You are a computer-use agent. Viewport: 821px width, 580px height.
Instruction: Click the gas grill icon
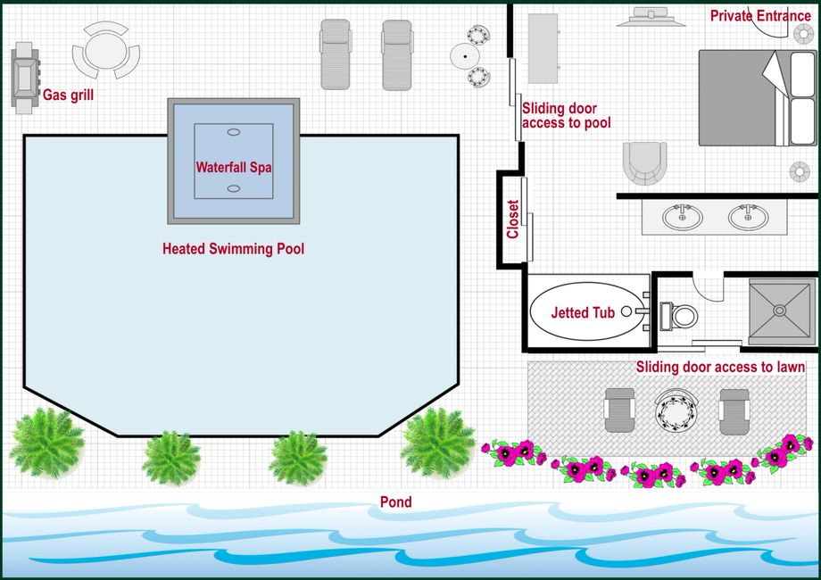pyautogui.click(x=25, y=78)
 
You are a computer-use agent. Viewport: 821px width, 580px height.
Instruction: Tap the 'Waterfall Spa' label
pyautogui.click(x=234, y=168)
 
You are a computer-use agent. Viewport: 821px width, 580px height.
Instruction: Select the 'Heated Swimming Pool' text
pyautogui.click(x=233, y=249)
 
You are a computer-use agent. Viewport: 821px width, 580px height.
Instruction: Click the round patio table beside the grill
pyautogui.click(x=106, y=50)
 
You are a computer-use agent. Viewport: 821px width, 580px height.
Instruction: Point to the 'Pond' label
pyautogui.click(x=396, y=502)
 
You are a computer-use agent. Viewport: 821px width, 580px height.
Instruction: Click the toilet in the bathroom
pyautogui.click(x=678, y=316)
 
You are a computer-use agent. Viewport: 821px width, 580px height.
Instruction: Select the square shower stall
pyautogui.click(x=780, y=311)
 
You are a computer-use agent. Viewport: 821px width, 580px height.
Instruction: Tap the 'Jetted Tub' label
pyautogui.click(x=583, y=313)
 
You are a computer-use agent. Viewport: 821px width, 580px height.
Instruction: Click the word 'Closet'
pyautogui.click(x=512, y=220)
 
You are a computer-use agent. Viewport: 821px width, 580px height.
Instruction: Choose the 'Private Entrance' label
pyautogui.click(x=760, y=16)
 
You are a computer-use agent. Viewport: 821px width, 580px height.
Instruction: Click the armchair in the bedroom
pyautogui.click(x=644, y=162)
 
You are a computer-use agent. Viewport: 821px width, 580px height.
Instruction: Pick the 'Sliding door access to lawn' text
pyautogui.click(x=720, y=367)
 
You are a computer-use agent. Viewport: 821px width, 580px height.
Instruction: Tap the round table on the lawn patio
pyautogui.click(x=676, y=411)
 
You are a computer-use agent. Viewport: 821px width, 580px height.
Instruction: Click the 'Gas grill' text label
pyautogui.click(x=68, y=95)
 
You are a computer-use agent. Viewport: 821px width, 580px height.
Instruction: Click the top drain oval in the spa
pyautogui.click(x=234, y=132)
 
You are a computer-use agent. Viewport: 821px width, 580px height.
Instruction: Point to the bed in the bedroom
pyautogui.click(x=758, y=98)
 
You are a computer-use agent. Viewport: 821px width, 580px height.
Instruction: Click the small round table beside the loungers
pyautogui.click(x=465, y=56)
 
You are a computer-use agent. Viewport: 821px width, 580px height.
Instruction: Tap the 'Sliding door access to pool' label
pyautogui.click(x=566, y=116)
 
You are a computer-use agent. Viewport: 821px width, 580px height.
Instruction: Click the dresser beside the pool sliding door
pyautogui.click(x=543, y=48)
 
